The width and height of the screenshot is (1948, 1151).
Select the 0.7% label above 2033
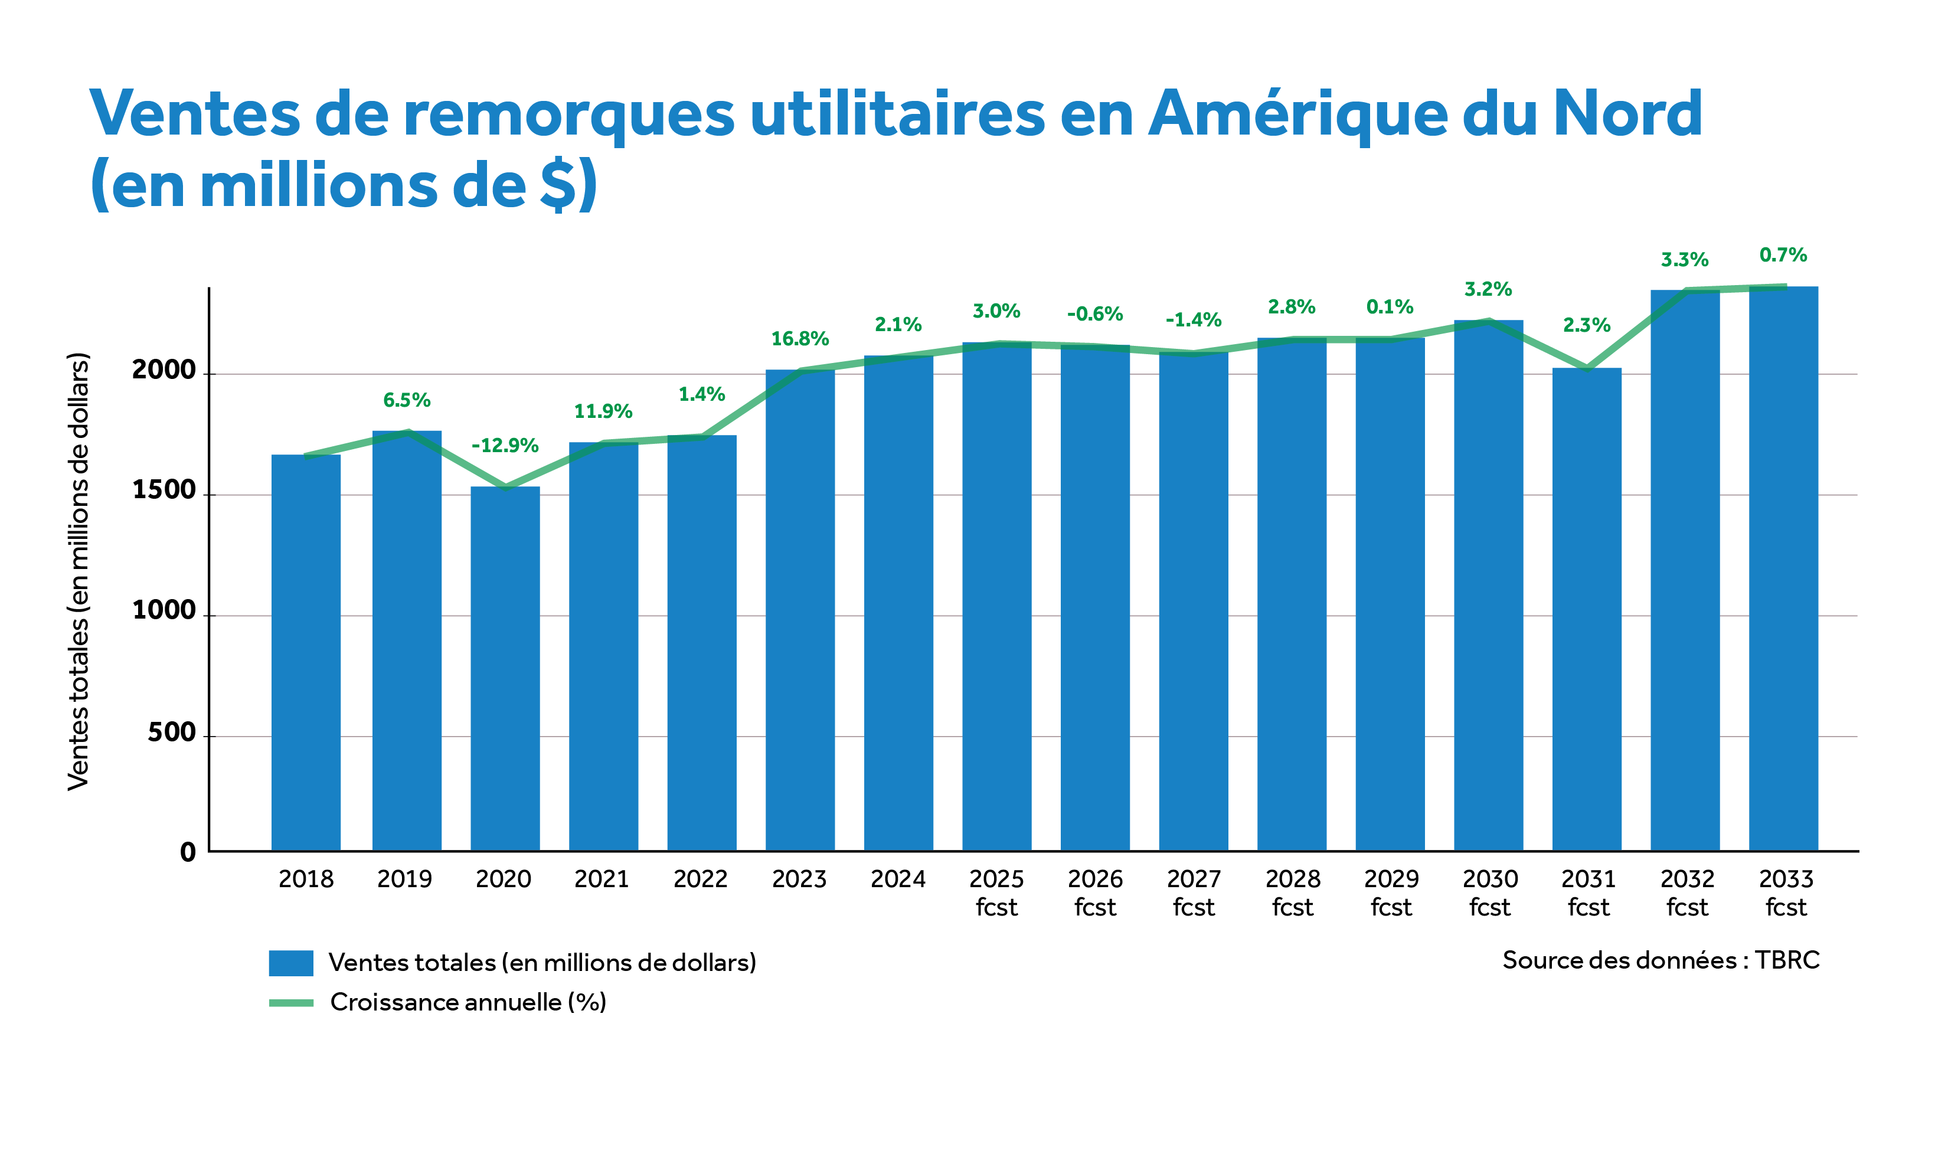(x=1783, y=255)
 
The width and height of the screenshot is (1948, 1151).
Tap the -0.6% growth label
(x=1094, y=314)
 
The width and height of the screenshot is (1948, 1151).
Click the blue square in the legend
(x=291, y=963)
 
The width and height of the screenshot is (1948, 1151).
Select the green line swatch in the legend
(x=291, y=1003)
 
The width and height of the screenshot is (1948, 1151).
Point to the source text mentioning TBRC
(x=1661, y=960)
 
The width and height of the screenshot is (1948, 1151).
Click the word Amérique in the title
(x=1296, y=114)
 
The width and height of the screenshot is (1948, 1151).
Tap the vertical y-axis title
(x=79, y=571)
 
